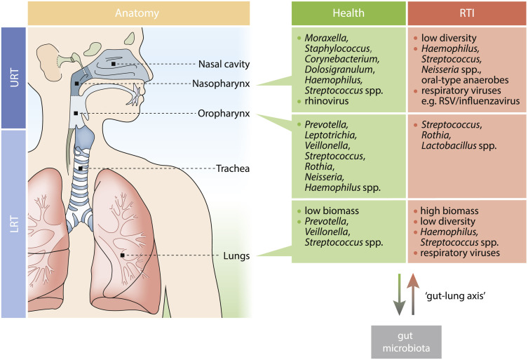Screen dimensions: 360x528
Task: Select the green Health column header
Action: [x=348, y=13]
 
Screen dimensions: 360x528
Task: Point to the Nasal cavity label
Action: [x=223, y=64]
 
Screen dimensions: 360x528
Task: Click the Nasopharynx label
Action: [x=223, y=84]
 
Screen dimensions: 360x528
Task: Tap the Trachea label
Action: [x=233, y=168]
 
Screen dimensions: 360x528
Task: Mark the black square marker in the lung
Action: [x=122, y=255]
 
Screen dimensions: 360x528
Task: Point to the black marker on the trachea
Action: [x=82, y=168]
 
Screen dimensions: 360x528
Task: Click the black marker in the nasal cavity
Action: [x=113, y=64]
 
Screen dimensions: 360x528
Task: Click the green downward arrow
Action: [x=398, y=295]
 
